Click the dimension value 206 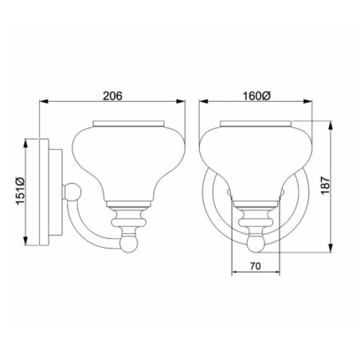pos(112,96)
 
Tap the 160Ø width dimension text pos(256,96)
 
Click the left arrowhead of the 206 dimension pos(43,102)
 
